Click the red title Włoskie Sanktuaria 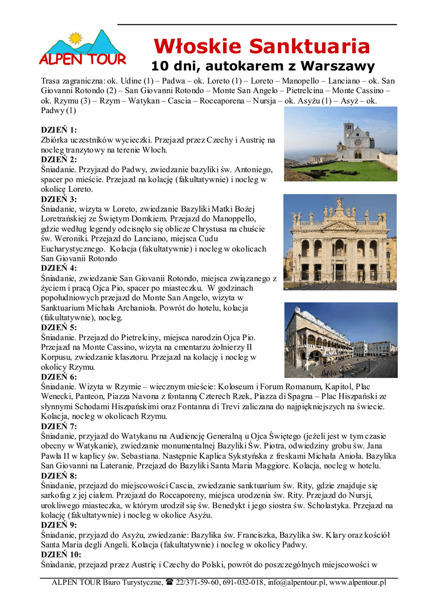pyautogui.click(x=261, y=45)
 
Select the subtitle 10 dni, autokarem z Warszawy pyautogui.click(x=262, y=65)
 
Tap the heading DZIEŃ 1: pyautogui.click(x=59, y=130)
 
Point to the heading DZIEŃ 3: pyautogui.click(x=59, y=199)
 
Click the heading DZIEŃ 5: pyautogui.click(x=59, y=327)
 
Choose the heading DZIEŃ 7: pyautogui.click(x=59, y=426)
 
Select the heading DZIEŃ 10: pyautogui.click(x=61, y=554)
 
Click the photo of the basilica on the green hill pyautogui.click(x=340, y=144)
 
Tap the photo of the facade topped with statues pyautogui.click(x=340, y=241)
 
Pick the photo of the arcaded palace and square pyautogui.click(x=340, y=340)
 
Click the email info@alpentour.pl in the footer pyautogui.click(x=297, y=582)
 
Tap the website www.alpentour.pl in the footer pyautogui.click(x=357, y=582)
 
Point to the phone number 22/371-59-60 pyautogui.click(x=198, y=582)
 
